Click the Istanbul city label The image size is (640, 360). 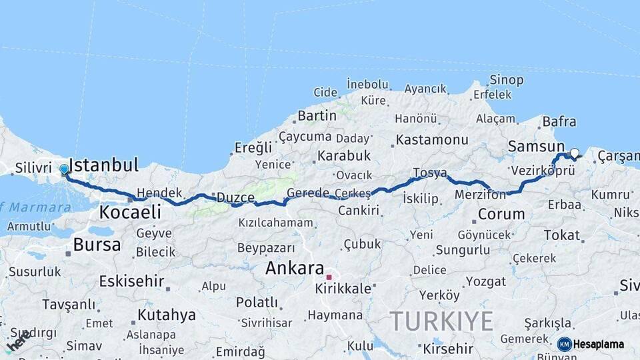point(103,165)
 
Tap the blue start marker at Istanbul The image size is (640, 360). point(65,170)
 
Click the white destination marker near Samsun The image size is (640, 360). point(574,153)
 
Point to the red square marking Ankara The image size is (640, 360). point(329,276)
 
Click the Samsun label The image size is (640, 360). point(536,146)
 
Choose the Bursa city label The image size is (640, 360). point(97,245)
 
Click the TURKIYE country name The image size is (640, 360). point(441,321)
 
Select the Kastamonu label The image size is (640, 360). point(432,140)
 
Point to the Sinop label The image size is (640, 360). point(507,80)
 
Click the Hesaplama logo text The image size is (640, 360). point(598,344)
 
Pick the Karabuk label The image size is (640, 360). point(344,155)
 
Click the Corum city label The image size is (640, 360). point(501,215)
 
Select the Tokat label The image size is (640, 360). point(561,235)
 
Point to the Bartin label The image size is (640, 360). point(317,115)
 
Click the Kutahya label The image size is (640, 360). point(166,314)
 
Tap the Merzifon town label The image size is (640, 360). point(480,195)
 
